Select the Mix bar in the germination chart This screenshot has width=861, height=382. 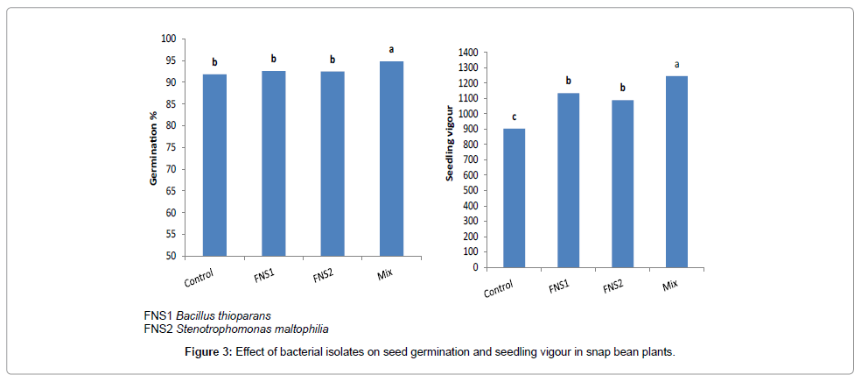click(x=391, y=159)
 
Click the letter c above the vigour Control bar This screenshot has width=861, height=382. click(x=514, y=117)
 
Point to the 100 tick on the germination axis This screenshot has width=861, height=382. click(x=168, y=39)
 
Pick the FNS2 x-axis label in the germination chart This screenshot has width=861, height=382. click(x=323, y=274)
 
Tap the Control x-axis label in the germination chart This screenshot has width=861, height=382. click(x=201, y=279)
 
